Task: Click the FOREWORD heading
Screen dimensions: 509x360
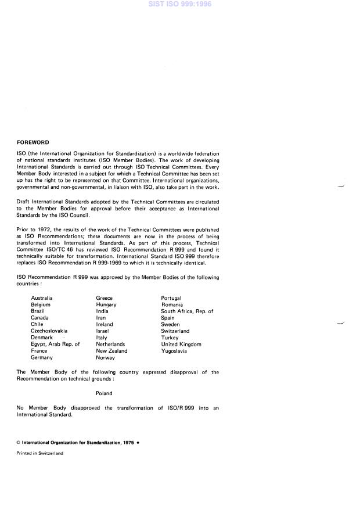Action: [33, 142]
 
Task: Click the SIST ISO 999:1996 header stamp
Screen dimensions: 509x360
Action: [179, 4]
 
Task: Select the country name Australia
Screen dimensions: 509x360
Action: [42, 298]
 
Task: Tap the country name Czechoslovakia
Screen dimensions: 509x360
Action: [49, 331]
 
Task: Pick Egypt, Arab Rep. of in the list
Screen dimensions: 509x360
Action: [55, 344]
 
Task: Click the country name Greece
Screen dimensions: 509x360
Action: [105, 298]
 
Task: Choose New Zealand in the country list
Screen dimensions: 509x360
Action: [111, 351]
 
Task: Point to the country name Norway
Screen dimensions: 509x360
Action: [106, 357]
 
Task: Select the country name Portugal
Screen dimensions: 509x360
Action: [171, 298]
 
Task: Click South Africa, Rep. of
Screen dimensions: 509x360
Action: [187, 311]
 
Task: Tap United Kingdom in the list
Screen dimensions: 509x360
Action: [181, 344]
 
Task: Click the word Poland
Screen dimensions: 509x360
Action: [104, 393]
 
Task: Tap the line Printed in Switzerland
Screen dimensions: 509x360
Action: [40, 453]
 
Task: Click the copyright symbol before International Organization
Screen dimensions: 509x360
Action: [18, 442]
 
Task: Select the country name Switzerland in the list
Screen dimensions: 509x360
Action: [175, 331]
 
